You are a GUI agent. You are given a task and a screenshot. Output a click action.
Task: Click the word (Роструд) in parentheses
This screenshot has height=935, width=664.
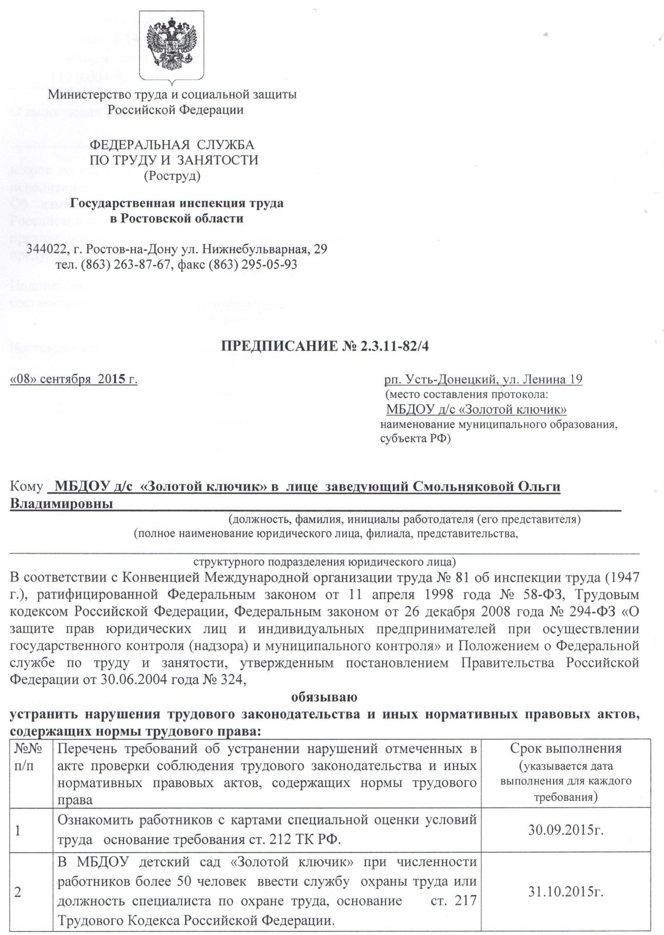coord(173,175)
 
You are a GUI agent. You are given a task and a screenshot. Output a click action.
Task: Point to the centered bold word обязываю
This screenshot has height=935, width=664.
coord(324,697)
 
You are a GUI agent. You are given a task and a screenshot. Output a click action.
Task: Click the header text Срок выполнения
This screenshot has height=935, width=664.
coord(566,748)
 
